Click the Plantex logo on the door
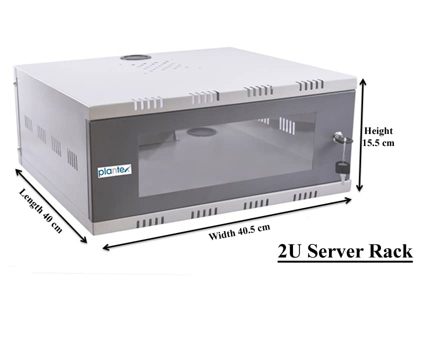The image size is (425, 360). point(114,171)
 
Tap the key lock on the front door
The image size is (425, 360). point(339,135)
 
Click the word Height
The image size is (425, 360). point(378,131)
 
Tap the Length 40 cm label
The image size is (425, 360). point(41,210)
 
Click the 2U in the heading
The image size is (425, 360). point(290,251)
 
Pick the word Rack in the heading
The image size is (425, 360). point(391,251)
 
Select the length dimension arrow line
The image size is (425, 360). point(50,205)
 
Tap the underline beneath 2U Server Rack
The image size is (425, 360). point(345,260)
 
